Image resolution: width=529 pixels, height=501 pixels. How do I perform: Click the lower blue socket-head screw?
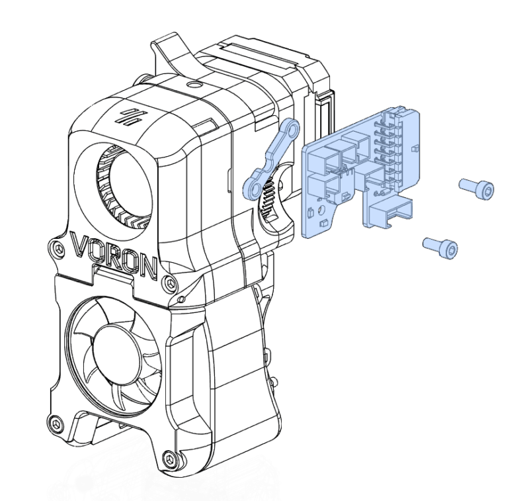(x=440, y=246)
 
